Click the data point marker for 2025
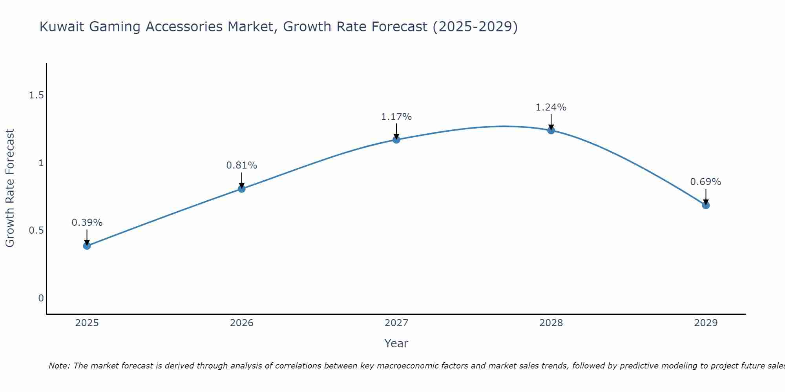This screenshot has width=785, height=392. pyautogui.click(x=87, y=246)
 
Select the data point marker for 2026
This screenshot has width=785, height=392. pyautogui.click(x=241, y=189)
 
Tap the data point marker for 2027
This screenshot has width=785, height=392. pyautogui.click(x=396, y=140)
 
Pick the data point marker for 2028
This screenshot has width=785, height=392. pyautogui.click(x=551, y=130)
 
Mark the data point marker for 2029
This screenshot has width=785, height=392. pyautogui.click(x=706, y=205)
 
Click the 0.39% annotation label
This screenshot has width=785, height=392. pyautogui.click(x=87, y=223)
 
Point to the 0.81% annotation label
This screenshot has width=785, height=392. pyautogui.click(x=241, y=165)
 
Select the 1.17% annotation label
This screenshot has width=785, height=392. pyautogui.click(x=396, y=117)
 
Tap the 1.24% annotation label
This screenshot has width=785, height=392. pyautogui.click(x=551, y=107)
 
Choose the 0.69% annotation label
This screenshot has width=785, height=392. pyautogui.click(x=706, y=182)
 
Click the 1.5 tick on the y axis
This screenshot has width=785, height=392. pyautogui.click(x=37, y=95)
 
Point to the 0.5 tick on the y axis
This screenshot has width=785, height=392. pyautogui.click(x=37, y=230)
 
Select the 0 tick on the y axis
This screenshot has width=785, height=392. pyautogui.click(x=41, y=298)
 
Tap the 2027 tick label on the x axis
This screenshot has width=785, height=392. pyautogui.click(x=396, y=323)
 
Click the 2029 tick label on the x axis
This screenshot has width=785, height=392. pyautogui.click(x=706, y=323)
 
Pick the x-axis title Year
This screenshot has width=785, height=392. pyautogui.click(x=396, y=343)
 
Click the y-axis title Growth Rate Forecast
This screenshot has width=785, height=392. pyautogui.click(x=10, y=188)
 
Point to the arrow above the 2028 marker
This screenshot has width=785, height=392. pyautogui.click(x=551, y=122)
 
